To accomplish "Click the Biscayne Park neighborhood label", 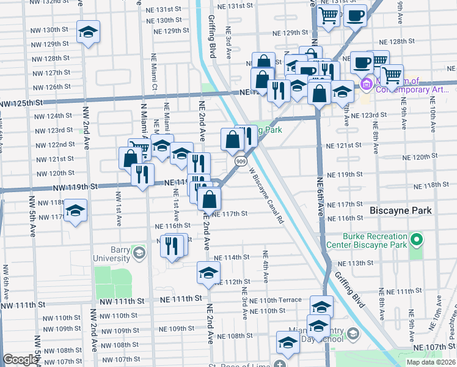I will (x=401, y=210).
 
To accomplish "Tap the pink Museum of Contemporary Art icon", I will (x=367, y=84).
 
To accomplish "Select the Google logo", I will (x=20, y=360).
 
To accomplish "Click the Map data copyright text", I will (x=431, y=362).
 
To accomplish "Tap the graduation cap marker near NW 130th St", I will (x=88, y=32).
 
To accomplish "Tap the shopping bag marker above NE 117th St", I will (x=210, y=199).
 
